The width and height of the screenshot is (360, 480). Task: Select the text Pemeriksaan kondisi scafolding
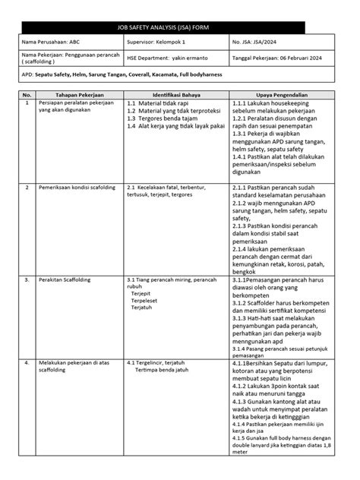[x=76, y=186]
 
